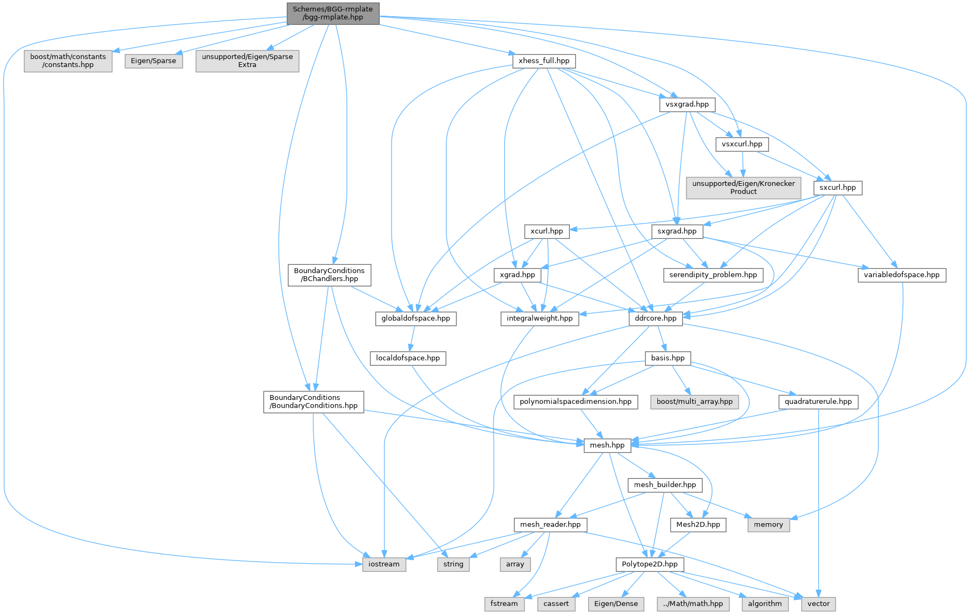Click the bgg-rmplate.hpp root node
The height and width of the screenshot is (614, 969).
pyautogui.click(x=333, y=13)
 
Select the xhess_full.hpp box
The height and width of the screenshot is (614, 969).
pyautogui.click(x=544, y=61)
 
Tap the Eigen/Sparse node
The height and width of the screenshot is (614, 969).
pyautogui.click(x=153, y=61)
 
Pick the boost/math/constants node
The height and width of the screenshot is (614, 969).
pyautogui.click(x=68, y=61)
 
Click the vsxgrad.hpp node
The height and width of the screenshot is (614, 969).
pyautogui.click(x=687, y=104)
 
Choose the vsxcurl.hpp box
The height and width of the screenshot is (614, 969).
pyautogui.click(x=742, y=144)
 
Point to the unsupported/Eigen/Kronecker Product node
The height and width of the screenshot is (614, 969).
pyautogui.click(x=743, y=188)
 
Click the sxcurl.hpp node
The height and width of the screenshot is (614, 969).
pyautogui.click(x=838, y=188)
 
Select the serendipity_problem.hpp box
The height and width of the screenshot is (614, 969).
pyautogui.click(x=713, y=275)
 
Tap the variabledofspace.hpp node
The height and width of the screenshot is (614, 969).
pyautogui.click(x=901, y=275)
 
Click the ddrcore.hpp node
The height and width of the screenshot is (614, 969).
pyautogui.click(x=656, y=318)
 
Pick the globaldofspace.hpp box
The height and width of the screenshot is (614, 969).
pyautogui.click(x=415, y=318)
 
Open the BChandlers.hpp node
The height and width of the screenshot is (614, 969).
pyautogui.click(x=329, y=275)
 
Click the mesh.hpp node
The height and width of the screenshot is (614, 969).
pyautogui.click(x=607, y=445)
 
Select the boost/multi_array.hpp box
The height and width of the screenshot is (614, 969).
pyautogui.click(x=694, y=402)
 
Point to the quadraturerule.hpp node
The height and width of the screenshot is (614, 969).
pyautogui.click(x=818, y=402)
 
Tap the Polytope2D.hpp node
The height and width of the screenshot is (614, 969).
pyautogui.click(x=650, y=564)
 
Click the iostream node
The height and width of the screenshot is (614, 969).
pyautogui.click(x=384, y=564)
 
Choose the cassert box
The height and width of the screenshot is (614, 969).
pyautogui.click(x=556, y=604)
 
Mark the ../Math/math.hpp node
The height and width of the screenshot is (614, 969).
pyautogui.click(x=692, y=604)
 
